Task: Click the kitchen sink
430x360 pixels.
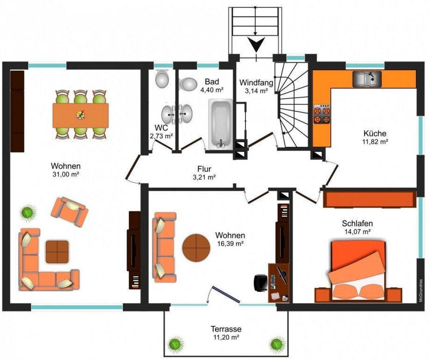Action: coord(367,79)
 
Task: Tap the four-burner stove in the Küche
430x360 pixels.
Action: coord(322,115)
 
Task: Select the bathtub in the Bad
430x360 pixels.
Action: coord(221,124)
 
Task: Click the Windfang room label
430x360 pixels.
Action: coord(256,82)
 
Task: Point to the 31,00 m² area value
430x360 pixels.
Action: coord(66,174)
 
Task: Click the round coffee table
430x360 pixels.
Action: coord(196,247)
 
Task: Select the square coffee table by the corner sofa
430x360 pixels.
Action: coord(57,252)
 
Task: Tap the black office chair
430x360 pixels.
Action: coord(260,282)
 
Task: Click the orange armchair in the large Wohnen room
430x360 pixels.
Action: coord(70,211)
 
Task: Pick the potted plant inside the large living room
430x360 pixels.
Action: coord(28,213)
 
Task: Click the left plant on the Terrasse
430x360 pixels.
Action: coord(176,344)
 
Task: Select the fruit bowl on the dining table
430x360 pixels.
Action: coord(80,115)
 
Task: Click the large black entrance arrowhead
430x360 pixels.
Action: coord(256,44)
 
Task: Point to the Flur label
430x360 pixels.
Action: coord(204,169)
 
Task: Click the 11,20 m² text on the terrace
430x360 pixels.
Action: coord(226,337)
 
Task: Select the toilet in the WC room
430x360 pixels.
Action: coord(162,79)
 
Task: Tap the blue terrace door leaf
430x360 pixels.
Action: coord(225,295)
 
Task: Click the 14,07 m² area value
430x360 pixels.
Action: coord(358,231)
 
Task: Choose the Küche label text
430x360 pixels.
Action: coord(375,133)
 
